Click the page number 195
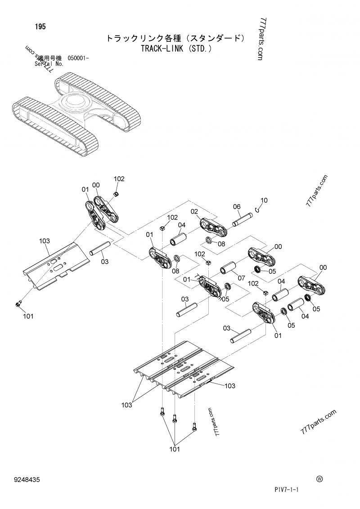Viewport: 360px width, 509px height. click(x=40, y=27)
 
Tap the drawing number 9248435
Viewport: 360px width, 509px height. click(x=27, y=480)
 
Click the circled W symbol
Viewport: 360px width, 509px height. click(x=319, y=479)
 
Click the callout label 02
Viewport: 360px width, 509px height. click(x=194, y=211)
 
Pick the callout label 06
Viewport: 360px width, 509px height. click(x=237, y=206)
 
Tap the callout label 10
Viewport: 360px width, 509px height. click(x=264, y=200)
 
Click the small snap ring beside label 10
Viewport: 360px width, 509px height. click(x=256, y=208)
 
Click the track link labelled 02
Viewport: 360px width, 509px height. click(x=213, y=227)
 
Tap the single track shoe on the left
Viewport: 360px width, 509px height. click(x=54, y=266)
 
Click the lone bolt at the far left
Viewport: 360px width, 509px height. click(x=18, y=305)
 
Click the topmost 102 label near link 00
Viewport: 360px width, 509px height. click(x=119, y=179)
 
